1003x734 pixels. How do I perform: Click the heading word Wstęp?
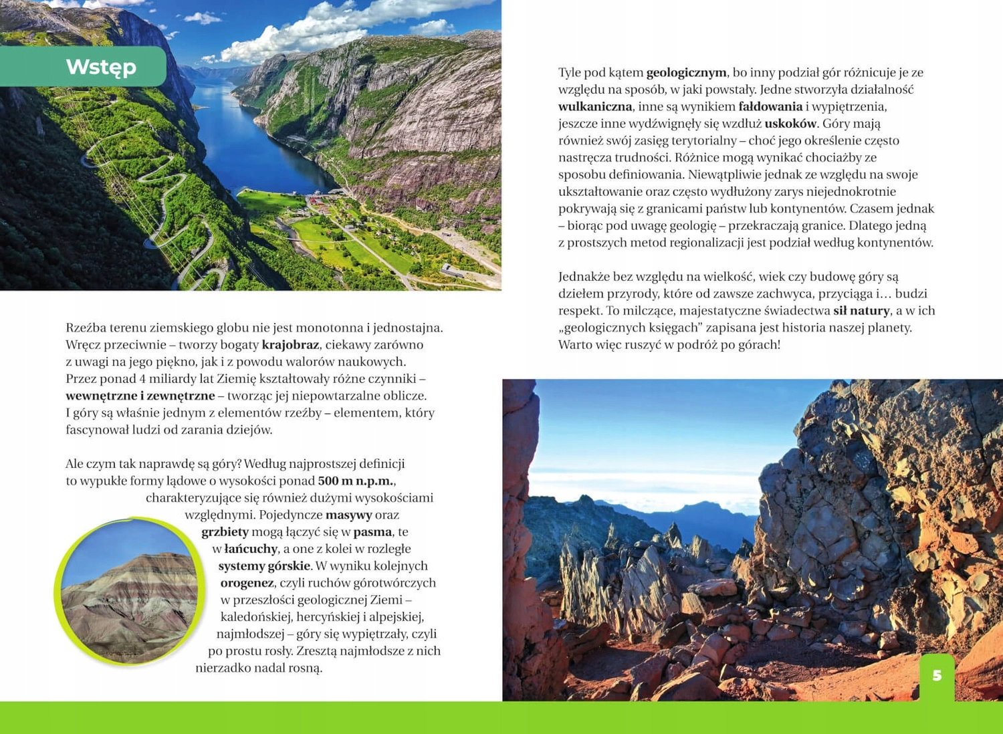101,67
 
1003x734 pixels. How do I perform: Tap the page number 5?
937,676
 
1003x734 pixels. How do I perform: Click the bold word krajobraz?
290,345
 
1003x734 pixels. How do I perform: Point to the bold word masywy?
348,515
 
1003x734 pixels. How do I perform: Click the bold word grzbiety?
225,532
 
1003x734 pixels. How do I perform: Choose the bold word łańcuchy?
251,549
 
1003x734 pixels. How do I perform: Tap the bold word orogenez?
247,583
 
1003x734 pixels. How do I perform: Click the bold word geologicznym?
686,72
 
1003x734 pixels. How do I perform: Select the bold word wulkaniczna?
595,106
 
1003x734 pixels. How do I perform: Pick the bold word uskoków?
790,124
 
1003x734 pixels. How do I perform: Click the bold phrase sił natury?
861,311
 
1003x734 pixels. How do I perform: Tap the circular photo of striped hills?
130,592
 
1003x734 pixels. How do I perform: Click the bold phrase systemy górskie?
264,566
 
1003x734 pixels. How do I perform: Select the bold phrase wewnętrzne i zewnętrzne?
140,396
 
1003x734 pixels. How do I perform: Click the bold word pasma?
372,532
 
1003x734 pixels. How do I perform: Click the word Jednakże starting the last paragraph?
584,277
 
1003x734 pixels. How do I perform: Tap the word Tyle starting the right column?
570,72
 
